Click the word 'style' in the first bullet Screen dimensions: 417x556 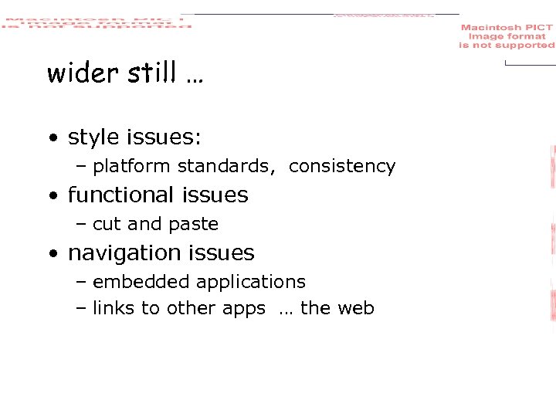(93, 137)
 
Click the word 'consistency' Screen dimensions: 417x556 (341, 166)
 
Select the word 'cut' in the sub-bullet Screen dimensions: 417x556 (107, 224)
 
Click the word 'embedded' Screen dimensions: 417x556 (135, 282)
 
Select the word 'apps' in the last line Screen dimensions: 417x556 (243, 309)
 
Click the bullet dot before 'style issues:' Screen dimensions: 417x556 (52, 139)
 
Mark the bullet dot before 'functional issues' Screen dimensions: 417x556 (52, 196)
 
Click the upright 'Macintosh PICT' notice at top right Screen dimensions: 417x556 (507, 36)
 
